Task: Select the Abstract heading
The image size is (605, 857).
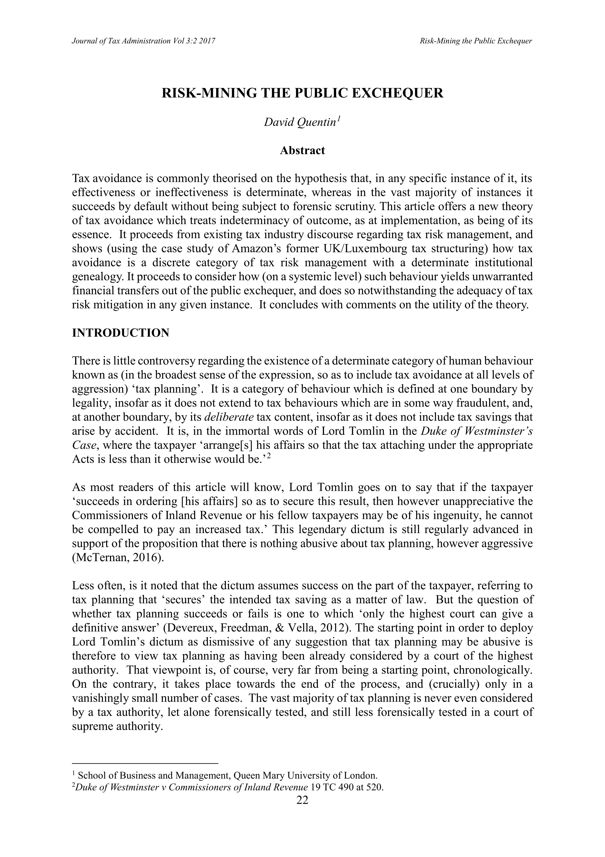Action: tap(302, 150)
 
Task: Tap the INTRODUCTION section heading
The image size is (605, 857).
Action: tap(121, 332)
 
